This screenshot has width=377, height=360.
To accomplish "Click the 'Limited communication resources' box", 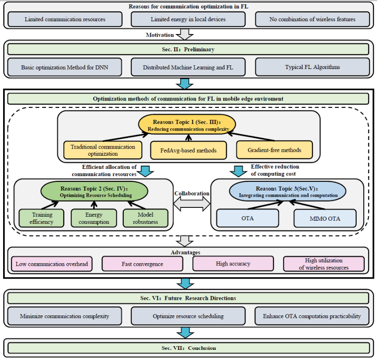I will click(65, 19).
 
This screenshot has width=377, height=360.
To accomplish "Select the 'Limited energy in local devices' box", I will click(188, 19).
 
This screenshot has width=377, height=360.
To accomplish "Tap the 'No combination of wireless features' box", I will click(312, 19).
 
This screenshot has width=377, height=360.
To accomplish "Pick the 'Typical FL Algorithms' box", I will click(312, 68).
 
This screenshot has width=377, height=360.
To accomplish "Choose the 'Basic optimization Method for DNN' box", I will click(65, 68).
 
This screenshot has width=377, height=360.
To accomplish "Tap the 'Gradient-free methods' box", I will click(274, 150).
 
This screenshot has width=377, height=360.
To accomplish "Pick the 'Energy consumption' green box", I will click(94, 218).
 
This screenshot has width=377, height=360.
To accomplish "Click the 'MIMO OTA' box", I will click(325, 218).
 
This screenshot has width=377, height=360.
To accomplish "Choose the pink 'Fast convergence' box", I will click(142, 264).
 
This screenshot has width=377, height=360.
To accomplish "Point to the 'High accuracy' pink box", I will click(233, 264).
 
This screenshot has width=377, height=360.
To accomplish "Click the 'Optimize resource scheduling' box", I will click(188, 316).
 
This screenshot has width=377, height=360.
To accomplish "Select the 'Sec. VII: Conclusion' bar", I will click(188, 348).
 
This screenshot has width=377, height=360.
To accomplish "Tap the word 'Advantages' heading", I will click(188, 253).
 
